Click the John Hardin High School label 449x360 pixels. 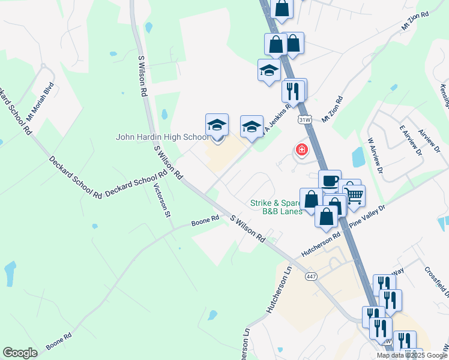coord(162,137)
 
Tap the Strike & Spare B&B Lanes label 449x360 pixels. coord(282,207)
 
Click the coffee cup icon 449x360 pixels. coord(330,181)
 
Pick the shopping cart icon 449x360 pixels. coord(354,196)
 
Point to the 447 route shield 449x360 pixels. coord(310,277)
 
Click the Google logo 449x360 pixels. coord(20,353)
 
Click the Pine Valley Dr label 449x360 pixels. coord(366,216)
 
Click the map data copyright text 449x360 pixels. coord(411,355)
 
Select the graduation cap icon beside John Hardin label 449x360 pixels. coord(217,125)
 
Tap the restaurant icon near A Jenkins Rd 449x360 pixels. coord(294,91)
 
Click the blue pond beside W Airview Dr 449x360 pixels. coord(359,157)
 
